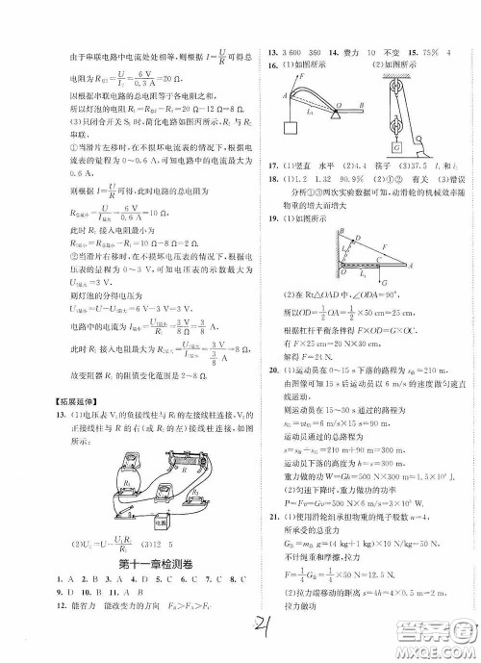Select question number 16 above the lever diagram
click(x=273, y=64)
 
